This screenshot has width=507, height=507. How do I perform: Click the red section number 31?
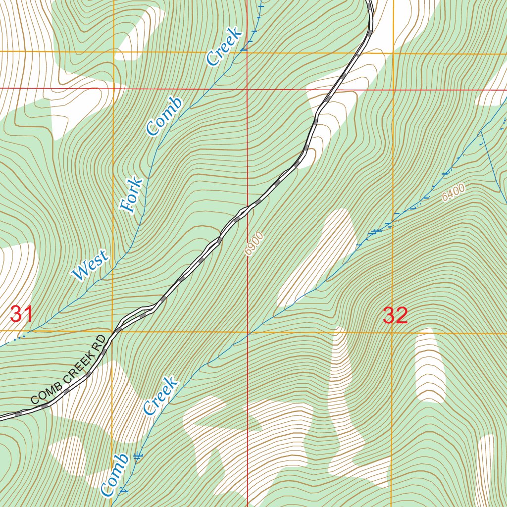21,314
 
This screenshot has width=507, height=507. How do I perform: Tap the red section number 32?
395,315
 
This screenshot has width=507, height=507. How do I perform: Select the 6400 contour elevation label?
454,192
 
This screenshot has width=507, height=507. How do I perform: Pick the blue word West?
90,266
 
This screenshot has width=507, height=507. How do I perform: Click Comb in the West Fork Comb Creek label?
164,116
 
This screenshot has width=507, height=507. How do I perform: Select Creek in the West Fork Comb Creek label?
224,47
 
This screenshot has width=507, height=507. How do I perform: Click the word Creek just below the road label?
160,396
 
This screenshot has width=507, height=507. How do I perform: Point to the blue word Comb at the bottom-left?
114,474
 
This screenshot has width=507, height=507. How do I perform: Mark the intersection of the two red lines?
247,89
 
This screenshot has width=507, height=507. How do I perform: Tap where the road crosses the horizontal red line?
335,90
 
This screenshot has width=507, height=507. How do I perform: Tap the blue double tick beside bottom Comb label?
138,455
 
